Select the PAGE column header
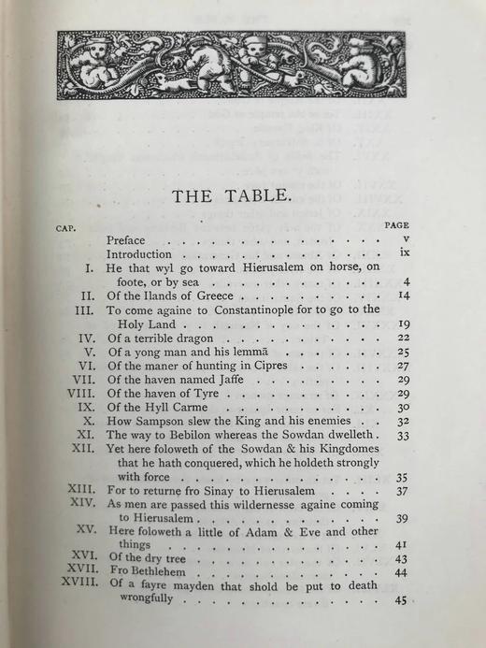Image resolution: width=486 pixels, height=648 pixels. (396, 225)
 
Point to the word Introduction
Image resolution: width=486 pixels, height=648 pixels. (139, 253)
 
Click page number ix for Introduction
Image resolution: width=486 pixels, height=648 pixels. (397, 254)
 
